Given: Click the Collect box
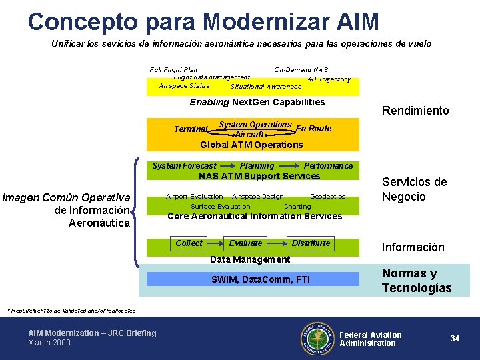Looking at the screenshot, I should click(x=189, y=244).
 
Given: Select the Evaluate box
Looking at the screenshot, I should click(x=246, y=244).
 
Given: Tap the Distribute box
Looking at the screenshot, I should click(x=311, y=244).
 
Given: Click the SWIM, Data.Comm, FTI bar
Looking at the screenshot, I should click(x=259, y=279).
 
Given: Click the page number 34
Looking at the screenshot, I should click(x=455, y=339).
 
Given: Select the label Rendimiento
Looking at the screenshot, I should click(x=415, y=111).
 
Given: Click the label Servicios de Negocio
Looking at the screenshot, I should click(x=414, y=189).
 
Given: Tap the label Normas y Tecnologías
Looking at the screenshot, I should click(x=417, y=281).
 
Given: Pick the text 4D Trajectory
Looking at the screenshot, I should click(x=329, y=79).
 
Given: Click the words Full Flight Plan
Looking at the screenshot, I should click(x=173, y=69).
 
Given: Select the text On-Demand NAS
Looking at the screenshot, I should click(x=301, y=69).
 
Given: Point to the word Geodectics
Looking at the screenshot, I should click(x=327, y=197).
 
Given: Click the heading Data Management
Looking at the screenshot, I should click(x=250, y=259).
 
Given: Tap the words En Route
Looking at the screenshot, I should click(x=313, y=129).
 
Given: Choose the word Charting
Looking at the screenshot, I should click(x=297, y=207).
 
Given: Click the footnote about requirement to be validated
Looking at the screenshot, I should click(x=71, y=311).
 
